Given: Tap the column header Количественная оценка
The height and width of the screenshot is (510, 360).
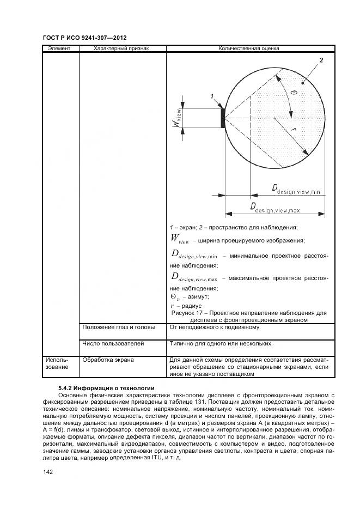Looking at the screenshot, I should (249, 48).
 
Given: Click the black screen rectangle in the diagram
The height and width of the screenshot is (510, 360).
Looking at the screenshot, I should (223, 118).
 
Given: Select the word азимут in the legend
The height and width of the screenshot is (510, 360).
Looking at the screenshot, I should (198, 297).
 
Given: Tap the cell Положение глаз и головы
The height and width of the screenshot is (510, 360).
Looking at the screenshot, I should (119, 327).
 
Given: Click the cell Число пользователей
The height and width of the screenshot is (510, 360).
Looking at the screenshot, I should (113, 344).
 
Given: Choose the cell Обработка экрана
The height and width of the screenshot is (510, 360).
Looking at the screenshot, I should (108, 360).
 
